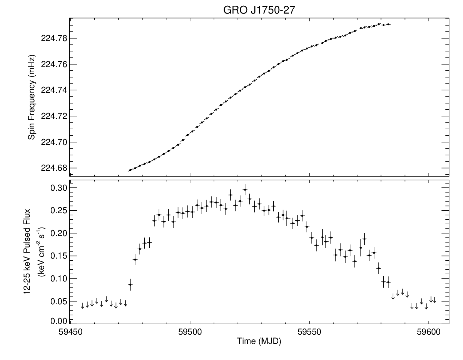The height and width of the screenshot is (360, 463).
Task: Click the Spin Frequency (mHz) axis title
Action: (31, 97)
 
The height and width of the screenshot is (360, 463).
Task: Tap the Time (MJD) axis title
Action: (259, 341)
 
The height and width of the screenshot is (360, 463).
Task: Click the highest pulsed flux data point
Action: (245, 190)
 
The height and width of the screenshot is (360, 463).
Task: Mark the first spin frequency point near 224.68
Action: (130, 170)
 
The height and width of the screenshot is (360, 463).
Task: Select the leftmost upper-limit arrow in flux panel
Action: (83, 306)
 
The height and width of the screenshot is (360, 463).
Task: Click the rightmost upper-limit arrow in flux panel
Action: (434, 300)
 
